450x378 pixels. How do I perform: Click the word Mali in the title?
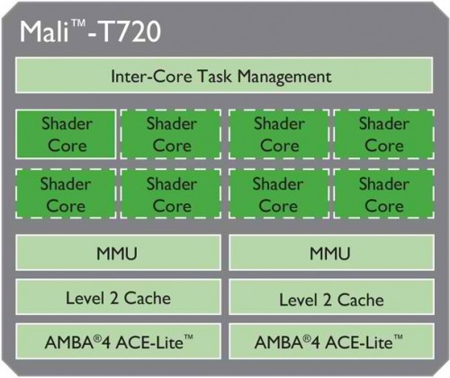44,31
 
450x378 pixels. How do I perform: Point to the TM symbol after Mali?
78,23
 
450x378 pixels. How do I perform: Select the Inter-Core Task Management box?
224,76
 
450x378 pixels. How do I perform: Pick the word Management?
284,77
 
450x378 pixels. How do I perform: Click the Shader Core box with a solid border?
66,134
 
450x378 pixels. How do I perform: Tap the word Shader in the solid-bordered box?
67,123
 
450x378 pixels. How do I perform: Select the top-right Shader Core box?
384,134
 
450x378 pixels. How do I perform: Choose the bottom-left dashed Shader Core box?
66,193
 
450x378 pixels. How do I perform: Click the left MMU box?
119,253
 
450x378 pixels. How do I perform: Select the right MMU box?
331,253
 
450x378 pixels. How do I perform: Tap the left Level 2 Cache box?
119,297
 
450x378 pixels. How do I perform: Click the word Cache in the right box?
361,300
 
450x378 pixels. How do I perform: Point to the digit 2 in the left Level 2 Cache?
114,299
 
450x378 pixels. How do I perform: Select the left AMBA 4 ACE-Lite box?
119,341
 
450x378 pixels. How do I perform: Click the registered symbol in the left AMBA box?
97,338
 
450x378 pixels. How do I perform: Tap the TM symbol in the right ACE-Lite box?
398,337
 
